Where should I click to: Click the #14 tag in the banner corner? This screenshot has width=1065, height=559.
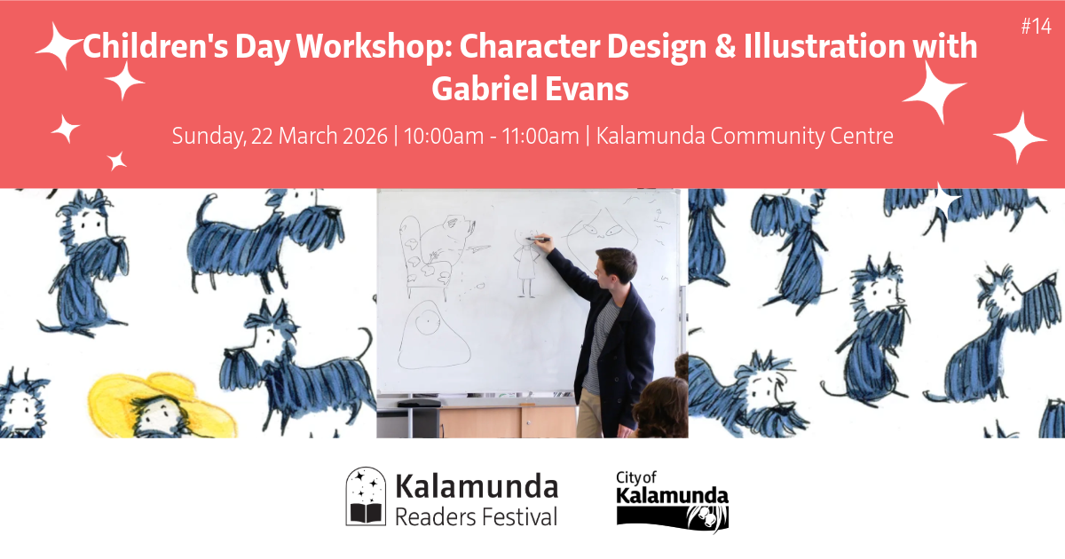click(1036, 26)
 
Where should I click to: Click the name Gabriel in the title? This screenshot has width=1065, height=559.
click(484, 90)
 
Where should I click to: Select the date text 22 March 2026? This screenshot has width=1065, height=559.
click(319, 136)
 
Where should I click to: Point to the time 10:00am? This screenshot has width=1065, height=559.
click(444, 136)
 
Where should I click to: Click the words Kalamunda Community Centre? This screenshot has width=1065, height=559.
click(745, 136)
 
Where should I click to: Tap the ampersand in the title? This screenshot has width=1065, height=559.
click(725, 46)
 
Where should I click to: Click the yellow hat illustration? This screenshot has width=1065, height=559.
click(162, 404)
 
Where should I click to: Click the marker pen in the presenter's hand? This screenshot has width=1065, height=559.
click(538, 239)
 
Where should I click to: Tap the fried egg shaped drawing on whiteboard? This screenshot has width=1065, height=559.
click(433, 335)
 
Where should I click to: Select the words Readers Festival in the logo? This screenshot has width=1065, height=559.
click(476, 517)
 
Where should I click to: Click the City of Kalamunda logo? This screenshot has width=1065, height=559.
click(673, 500)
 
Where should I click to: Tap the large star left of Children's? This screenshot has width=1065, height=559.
click(60, 45)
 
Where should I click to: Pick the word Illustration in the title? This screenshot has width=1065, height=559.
click(824, 46)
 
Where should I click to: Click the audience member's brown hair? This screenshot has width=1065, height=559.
click(661, 406)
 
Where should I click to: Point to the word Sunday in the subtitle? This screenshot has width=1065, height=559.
click(209, 136)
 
